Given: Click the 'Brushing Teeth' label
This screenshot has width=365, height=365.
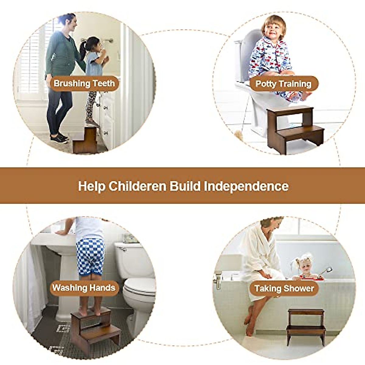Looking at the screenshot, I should point(84,83).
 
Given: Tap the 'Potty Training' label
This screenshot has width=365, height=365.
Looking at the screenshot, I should point(283,84).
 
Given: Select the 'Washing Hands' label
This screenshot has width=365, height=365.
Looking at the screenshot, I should point(84,288).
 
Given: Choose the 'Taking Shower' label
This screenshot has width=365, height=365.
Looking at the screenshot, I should point(284,288).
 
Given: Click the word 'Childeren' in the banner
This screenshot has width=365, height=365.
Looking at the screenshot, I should point(137,186).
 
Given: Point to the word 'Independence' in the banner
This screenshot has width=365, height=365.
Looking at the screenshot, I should point(246,186).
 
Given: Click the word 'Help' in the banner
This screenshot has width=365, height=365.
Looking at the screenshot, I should point(91,186).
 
